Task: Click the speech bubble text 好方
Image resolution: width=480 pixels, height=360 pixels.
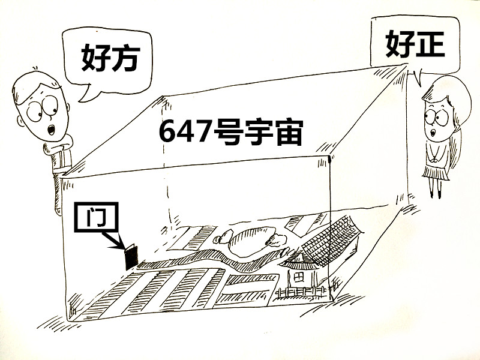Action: coord(110,58)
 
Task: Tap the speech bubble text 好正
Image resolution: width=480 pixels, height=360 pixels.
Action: coord(415,45)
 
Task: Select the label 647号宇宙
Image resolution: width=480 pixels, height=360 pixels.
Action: coord(231,132)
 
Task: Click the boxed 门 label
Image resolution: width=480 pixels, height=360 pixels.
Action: coord(97,217)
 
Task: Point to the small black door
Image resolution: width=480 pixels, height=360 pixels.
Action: coord(131,257)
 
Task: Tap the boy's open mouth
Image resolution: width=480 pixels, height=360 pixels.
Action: coord(52,129)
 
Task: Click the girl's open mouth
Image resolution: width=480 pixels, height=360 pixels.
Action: coord(433,133)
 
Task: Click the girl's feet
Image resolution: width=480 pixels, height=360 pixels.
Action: coord(436,194)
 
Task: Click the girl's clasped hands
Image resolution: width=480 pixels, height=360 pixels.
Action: coord(434,159)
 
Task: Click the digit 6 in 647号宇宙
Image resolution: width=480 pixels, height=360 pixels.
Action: coord(167,132)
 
